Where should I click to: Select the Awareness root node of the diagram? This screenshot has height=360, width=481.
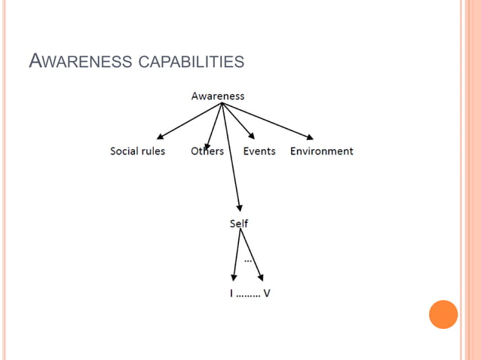218,96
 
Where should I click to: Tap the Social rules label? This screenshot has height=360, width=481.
137,151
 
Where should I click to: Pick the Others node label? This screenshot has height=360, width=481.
207,151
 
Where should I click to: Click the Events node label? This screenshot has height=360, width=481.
259,151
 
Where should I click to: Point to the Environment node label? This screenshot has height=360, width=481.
322,151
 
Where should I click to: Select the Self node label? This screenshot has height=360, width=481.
238,224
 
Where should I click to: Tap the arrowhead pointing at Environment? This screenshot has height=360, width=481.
309,137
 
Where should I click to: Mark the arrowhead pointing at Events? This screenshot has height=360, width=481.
251,135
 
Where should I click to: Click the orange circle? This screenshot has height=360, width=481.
443,314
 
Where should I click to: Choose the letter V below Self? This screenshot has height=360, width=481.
267,293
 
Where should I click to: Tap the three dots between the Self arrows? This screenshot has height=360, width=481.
248,260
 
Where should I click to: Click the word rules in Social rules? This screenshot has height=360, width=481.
152,151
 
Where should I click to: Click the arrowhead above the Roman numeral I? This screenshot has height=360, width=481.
232,279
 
